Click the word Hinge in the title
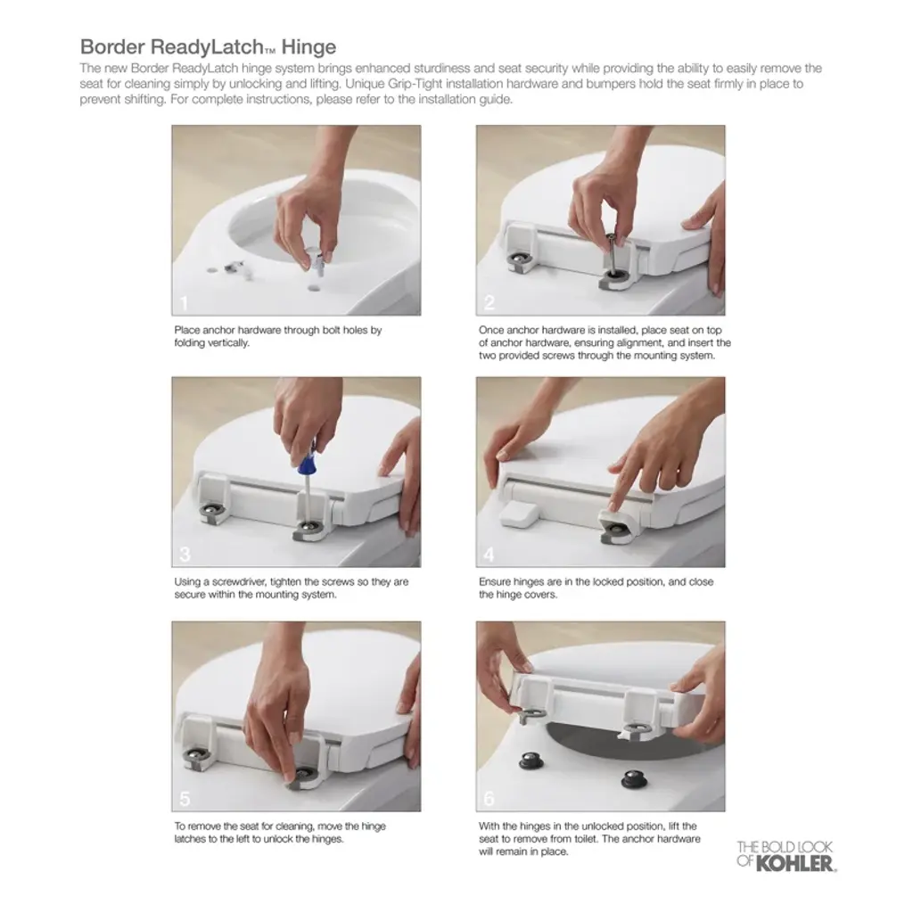tap(308, 47)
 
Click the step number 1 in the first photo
tap(184, 303)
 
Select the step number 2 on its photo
tap(489, 303)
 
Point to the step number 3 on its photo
tap(185, 555)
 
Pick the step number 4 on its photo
tap(489, 555)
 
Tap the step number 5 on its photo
tap(185, 799)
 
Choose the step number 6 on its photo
tap(489, 799)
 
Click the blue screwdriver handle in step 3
tap(306, 460)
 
